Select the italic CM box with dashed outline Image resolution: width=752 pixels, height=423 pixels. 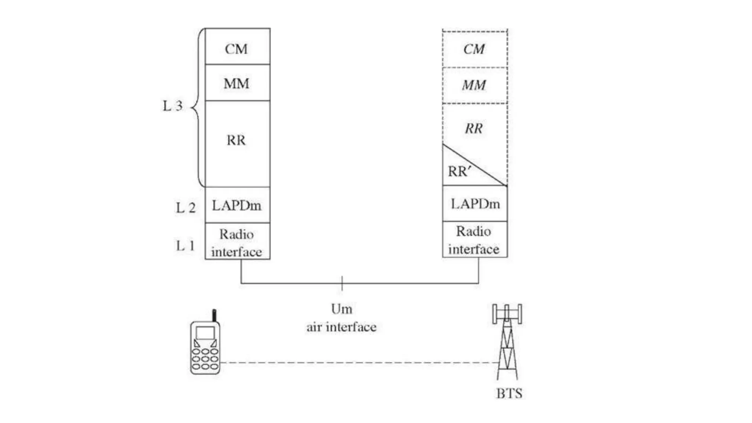[x=474, y=49]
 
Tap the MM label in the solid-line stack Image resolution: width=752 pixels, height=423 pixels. [x=236, y=84]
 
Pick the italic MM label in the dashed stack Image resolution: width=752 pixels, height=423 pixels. [x=474, y=85]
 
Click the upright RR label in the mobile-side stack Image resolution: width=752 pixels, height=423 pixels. [x=236, y=140]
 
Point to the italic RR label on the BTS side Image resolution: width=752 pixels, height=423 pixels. [x=474, y=129]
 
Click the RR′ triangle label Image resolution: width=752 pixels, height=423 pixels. [x=459, y=171]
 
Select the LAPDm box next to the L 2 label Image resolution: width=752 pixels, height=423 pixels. [x=237, y=205]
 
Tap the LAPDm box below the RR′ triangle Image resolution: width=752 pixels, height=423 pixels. [x=475, y=204]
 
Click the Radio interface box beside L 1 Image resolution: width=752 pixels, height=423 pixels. [x=237, y=242]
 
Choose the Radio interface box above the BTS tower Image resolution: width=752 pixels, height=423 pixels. [x=474, y=240]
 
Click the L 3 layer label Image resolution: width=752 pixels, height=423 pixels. [x=173, y=106]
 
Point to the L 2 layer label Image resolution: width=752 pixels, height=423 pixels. [x=185, y=208]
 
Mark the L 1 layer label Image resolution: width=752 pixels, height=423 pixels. [x=185, y=246]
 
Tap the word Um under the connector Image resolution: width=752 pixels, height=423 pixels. [x=341, y=309]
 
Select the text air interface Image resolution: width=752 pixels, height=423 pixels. [x=341, y=327]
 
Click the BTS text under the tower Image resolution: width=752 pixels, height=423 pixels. [x=509, y=394]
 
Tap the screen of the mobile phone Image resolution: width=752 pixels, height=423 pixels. [x=205, y=333]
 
